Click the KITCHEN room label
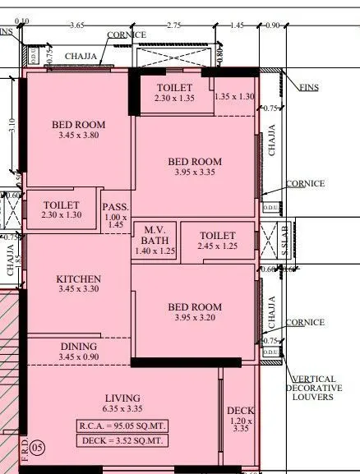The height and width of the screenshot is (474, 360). pos(79,278)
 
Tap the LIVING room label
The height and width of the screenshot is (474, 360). pos(122,398)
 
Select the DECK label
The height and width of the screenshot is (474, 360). pos(241,410)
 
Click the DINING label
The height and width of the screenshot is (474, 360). pos(78,347)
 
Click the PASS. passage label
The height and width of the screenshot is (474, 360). pos(114,206)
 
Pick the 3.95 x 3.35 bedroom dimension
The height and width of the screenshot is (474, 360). pos(195,173)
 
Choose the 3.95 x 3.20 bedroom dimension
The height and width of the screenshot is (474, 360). pos(195,319)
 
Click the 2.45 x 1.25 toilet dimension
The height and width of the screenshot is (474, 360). pos(218,246)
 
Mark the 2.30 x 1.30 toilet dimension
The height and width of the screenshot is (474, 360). pos(61,215)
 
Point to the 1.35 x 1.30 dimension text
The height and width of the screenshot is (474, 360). pos(234,97)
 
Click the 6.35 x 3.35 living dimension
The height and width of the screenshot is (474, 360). pos(122,409)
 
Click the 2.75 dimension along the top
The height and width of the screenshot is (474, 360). pos(174,26)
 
